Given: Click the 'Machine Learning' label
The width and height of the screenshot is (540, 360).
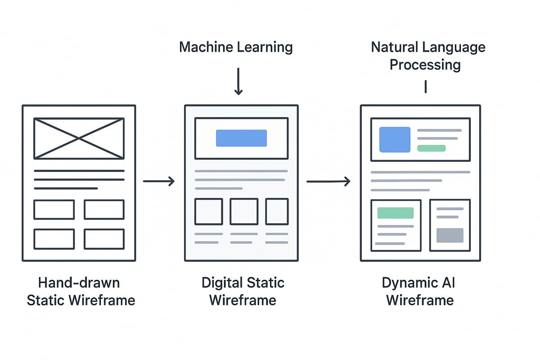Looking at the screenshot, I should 236,47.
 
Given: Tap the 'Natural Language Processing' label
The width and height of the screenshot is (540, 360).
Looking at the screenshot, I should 427,56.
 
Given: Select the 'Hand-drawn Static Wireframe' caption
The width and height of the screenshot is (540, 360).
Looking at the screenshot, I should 81,292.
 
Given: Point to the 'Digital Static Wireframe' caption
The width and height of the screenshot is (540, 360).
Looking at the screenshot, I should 243,292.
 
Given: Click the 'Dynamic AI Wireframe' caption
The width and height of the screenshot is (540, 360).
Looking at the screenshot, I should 420,292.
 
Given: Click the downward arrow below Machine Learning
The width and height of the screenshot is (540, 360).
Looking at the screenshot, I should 238,81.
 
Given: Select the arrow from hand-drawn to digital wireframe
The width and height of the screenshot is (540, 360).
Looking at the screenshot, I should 159,181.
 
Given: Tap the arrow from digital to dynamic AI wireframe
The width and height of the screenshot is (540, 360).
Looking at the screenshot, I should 328,181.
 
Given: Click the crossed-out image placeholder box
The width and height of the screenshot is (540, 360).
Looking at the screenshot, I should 79,139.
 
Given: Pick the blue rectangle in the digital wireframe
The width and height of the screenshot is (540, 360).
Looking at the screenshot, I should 241,138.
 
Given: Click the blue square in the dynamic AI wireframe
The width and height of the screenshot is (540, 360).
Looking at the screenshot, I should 395,139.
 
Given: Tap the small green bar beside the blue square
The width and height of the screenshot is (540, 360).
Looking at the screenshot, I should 431,148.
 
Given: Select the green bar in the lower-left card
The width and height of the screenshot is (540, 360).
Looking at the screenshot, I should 395,213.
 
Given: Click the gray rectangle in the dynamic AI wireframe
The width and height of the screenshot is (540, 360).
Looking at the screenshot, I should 450,235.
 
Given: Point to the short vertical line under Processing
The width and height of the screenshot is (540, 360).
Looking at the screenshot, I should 425,86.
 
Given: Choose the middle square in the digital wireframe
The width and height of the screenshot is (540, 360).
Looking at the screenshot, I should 244,211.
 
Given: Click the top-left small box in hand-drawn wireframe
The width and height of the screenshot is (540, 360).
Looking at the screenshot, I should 54,210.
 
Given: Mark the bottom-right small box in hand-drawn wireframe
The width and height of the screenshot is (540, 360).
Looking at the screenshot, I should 104,239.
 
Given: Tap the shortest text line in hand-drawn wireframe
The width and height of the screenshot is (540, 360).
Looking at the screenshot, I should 66,188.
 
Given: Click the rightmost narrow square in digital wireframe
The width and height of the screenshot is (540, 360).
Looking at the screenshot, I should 277,211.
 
